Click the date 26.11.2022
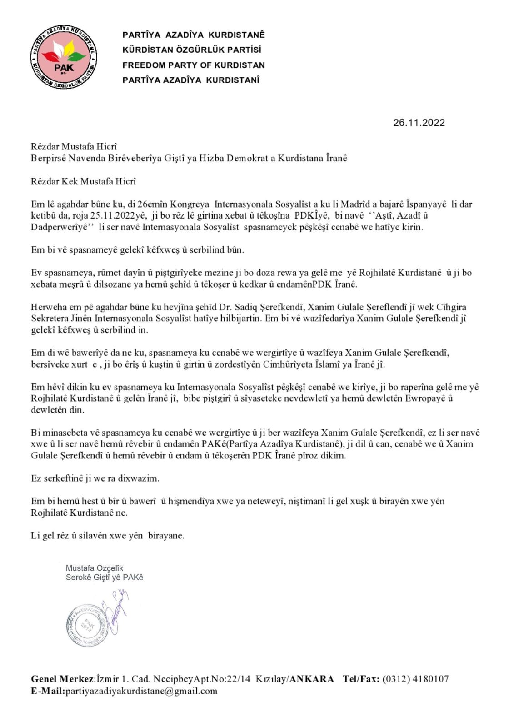tap(419, 123)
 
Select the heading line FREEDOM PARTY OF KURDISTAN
tap(194, 65)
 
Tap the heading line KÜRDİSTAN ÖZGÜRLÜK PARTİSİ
tap(192, 50)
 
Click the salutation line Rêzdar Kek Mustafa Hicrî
tap(83, 182)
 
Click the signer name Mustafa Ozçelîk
tap(95, 568)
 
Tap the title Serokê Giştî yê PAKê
tap(105, 578)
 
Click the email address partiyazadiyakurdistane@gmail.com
tap(141, 691)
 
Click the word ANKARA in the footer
tap(312, 679)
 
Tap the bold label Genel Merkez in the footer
tap(62, 679)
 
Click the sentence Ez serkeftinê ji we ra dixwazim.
tap(95, 478)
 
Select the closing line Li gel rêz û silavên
tap(107, 536)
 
